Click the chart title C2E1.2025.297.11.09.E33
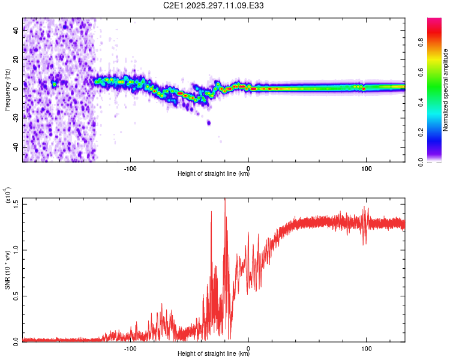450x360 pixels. (x=214, y=5)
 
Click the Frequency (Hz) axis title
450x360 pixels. (x=7, y=89)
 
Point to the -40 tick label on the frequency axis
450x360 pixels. (x=15, y=147)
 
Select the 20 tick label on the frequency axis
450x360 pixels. (x=16, y=60)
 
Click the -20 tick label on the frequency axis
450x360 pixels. (x=15, y=118)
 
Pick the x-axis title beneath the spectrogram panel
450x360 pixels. (x=214, y=174)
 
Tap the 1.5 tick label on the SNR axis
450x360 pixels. (x=16, y=203)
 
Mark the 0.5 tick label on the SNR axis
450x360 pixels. (x=16, y=295)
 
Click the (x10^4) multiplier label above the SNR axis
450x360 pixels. (x=8, y=196)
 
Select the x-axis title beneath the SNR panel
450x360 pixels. (x=214, y=354)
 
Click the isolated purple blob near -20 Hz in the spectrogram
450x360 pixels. (x=209, y=122)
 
